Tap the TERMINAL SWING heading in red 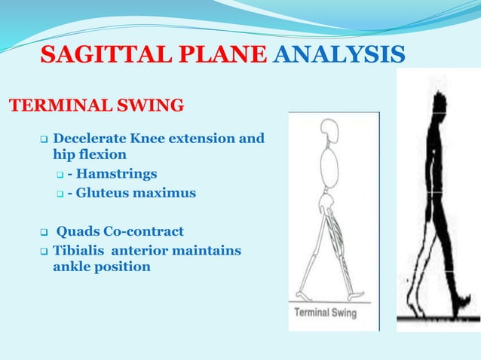click(96, 105)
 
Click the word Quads click(78, 231)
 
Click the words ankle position click(102, 267)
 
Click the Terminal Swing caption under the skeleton click(325, 313)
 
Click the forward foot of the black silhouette click(458, 304)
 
